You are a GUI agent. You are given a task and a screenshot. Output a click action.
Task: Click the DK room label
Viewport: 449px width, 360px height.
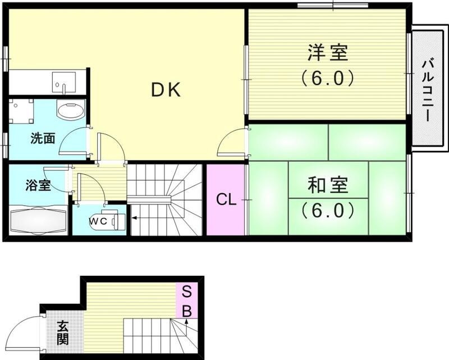(x=166, y=90)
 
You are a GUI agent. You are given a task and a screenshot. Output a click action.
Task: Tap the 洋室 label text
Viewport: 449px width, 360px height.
(x=328, y=53)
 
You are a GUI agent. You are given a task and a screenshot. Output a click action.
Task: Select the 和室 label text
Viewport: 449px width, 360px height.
(x=328, y=185)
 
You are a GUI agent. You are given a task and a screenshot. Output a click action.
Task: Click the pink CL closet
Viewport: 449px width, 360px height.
(x=226, y=199)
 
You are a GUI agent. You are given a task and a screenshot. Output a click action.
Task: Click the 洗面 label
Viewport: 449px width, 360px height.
(x=43, y=138)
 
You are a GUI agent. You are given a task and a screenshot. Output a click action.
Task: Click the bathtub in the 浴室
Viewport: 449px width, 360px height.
(x=37, y=221)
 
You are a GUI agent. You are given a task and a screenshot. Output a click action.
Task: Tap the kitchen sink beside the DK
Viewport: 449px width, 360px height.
(x=60, y=83)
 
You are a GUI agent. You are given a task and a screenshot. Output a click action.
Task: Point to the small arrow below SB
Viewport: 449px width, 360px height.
(x=187, y=323)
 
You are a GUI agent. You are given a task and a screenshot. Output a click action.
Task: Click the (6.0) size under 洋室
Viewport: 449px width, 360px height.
(x=328, y=78)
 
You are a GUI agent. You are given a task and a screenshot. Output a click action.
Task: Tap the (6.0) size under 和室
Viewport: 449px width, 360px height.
(x=328, y=210)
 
